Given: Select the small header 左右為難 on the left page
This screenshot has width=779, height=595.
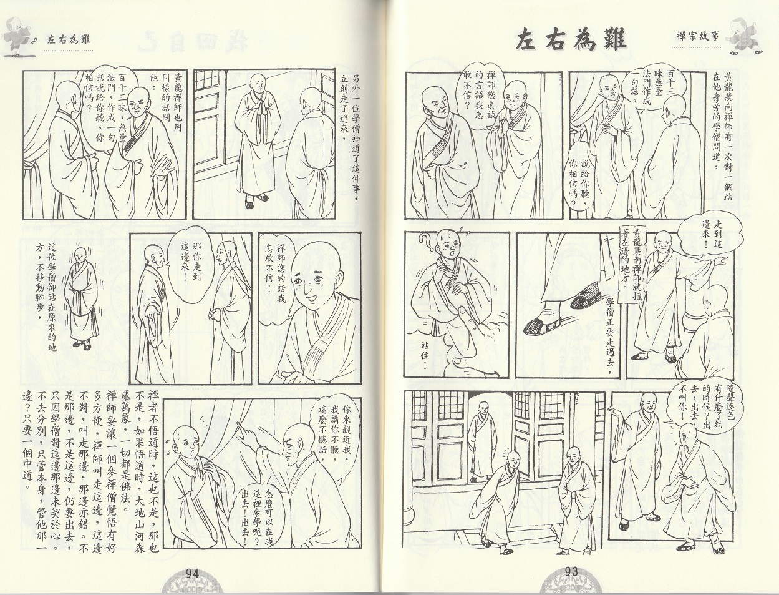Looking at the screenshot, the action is tap(69, 39).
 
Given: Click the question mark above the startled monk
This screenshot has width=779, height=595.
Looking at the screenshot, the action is tap(425, 243).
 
